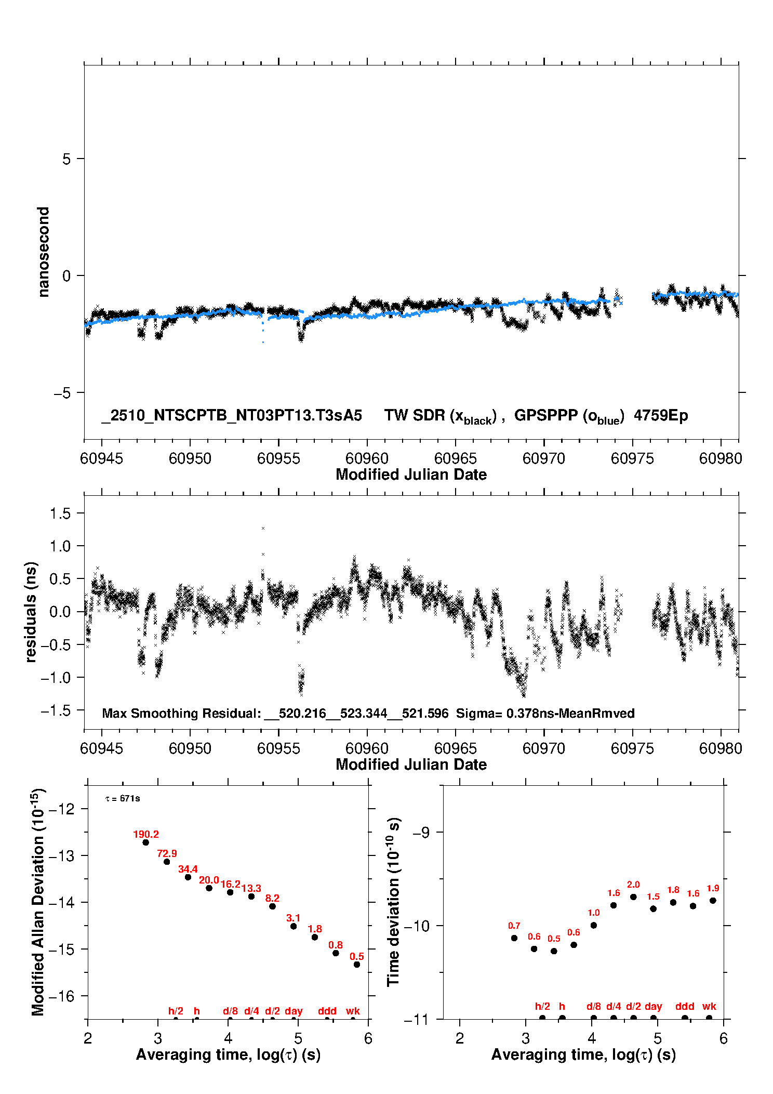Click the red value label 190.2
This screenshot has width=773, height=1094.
(146, 834)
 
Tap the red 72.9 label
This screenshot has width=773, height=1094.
(167, 853)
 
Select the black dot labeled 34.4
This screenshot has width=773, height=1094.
(188, 877)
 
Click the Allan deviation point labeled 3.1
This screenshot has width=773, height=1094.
(294, 926)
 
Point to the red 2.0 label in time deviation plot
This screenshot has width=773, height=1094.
(633, 885)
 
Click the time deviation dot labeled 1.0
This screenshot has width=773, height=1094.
(594, 925)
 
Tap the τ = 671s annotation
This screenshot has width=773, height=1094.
(123, 798)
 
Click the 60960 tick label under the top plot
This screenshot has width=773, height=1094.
(367, 458)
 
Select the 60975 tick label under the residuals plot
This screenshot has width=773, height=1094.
(632, 748)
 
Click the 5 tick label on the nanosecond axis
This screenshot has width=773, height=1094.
(66, 159)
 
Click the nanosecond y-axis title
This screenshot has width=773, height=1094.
(43, 252)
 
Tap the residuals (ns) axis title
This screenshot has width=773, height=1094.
(31, 612)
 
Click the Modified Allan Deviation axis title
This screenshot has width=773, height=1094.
(38, 902)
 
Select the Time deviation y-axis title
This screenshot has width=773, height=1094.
(394, 902)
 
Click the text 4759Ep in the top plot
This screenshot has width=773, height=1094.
(661, 416)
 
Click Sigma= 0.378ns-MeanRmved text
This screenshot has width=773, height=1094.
(545, 713)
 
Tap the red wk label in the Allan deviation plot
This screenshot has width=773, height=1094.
(353, 1011)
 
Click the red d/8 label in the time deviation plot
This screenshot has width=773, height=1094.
(594, 1006)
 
